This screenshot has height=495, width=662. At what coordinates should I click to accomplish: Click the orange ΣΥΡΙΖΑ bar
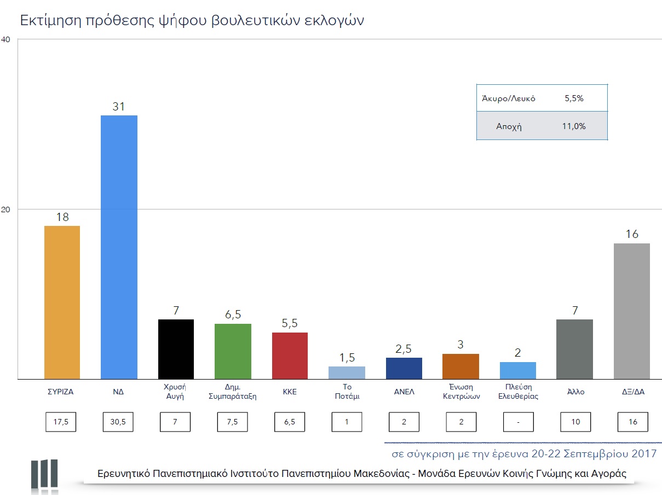[62, 302]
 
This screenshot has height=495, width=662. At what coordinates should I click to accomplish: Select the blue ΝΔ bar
[119, 247]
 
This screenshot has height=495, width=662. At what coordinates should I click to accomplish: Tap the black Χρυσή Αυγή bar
[176, 349]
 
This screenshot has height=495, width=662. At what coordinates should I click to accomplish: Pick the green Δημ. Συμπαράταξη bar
[233, 351]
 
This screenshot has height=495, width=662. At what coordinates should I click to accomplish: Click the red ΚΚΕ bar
[290, 356]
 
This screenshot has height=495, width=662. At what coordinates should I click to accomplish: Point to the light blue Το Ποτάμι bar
[347, 372]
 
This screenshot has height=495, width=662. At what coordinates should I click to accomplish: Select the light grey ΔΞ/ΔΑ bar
[632, 311]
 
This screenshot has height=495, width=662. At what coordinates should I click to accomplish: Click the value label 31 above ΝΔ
[119, 107]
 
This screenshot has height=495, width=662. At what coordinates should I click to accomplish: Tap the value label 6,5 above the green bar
[233, 315]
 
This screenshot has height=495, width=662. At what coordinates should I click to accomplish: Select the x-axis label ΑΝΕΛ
[404, 392]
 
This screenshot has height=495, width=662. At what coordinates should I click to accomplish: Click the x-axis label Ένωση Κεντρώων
[461, 392]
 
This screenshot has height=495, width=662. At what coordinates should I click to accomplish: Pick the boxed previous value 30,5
[119, 422]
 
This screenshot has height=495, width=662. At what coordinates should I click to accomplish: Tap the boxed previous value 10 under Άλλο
[575, 422]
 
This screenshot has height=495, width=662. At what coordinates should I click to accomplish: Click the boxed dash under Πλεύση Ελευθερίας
[518, 422]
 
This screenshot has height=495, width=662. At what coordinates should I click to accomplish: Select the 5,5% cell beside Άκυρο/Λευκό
[574, 98]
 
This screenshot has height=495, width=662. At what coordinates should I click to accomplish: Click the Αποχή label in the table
[509, 126]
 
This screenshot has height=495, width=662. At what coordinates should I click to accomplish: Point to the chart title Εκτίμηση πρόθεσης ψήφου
[192, 21]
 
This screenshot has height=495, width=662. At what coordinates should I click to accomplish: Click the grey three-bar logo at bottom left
[44, 474]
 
